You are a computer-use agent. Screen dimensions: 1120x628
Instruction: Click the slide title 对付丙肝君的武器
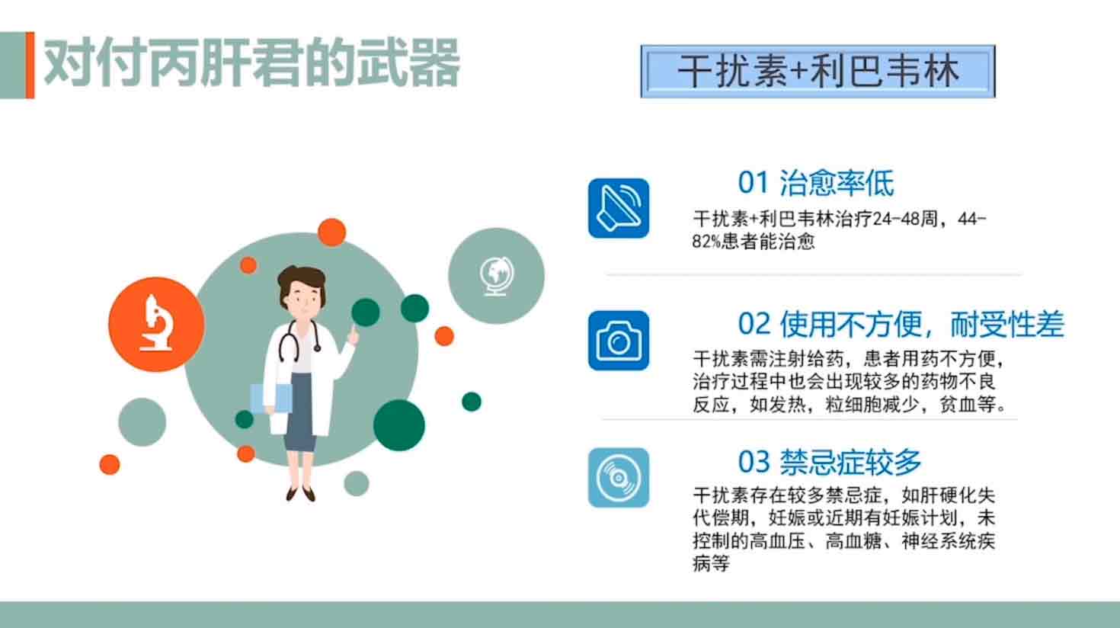click(251, 63)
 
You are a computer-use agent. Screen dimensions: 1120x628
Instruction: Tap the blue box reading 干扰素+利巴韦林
click(818, 71)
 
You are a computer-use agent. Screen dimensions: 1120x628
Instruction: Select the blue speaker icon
click(619, 208)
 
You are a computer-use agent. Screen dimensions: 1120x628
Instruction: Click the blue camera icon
click(619, 341)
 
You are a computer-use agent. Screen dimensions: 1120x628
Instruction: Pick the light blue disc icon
click(619, 478)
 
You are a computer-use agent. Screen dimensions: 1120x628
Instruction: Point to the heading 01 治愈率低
click(816, 183)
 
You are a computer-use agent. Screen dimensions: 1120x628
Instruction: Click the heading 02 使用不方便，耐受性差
click(901, 324)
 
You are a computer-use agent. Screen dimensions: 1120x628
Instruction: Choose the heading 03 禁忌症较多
click(830, 462)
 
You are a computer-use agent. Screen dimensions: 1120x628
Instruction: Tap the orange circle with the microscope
click(156, 325)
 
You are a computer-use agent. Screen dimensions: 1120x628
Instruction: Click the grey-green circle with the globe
click(496, 276)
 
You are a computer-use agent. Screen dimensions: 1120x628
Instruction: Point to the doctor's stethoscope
click(299, 341)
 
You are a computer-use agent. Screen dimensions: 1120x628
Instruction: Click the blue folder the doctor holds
click(270, 399)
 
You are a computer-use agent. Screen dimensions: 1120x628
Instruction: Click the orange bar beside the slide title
click(30, 66)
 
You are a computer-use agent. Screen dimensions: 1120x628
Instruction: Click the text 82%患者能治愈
click(754, 242)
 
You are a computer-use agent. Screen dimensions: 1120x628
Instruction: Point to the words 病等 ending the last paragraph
click(711, 563)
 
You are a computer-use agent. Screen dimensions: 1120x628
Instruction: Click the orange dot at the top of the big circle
click(331, 232)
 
